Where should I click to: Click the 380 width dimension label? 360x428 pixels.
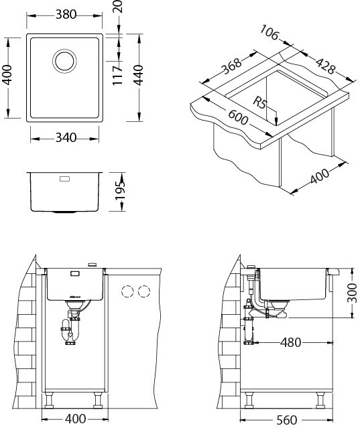click(x=66, y=15)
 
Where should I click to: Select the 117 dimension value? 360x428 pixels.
click(x=117, y=76)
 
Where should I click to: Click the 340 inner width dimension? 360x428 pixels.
click(x=66, y=137)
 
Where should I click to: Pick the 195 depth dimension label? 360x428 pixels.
click(x=120, y=190)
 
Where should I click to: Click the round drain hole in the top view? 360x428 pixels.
click(x=64, y=61)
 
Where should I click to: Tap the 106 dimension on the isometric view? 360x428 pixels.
click(x=269, y=32)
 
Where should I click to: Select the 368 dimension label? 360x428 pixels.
click(x=232, y=66)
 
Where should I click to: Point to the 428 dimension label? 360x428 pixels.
click(x=325, y=66)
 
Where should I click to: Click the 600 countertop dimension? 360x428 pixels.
click(x=238, y=117)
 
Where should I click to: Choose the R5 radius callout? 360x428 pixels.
click(x=259, y=102)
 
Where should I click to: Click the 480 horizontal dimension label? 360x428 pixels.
click(x=291, y=342)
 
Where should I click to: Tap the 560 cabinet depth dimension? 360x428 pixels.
click(x=287, y=420)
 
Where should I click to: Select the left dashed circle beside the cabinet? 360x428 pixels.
click(x=127, y=291)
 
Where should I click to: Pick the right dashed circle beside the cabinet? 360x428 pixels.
click(x=144, y=291)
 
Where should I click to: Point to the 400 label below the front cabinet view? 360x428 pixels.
click(x=75, y=419)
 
